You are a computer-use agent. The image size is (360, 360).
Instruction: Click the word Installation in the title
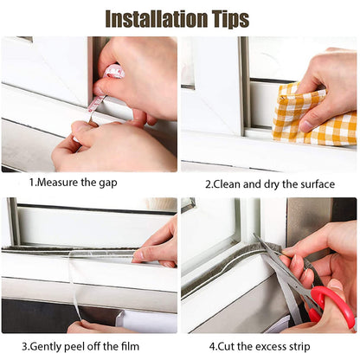[151, 18]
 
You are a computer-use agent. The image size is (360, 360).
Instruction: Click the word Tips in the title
[226, 18]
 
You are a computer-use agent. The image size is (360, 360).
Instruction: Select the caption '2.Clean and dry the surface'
[269, 183]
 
